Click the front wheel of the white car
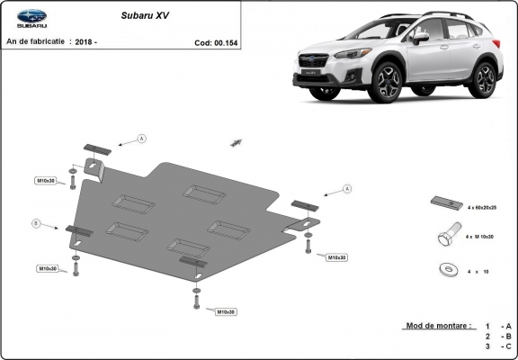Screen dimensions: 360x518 (x=389, y=83)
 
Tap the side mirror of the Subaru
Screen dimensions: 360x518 (x=420, y=38)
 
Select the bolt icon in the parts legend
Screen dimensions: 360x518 (x=446, y=237)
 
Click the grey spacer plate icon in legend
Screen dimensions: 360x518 (x=445, y=202)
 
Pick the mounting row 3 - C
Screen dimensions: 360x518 (x=499, y=346)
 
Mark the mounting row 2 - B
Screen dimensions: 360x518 (x=499, y=335)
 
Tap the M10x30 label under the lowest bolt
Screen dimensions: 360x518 (x=226, y=311)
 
